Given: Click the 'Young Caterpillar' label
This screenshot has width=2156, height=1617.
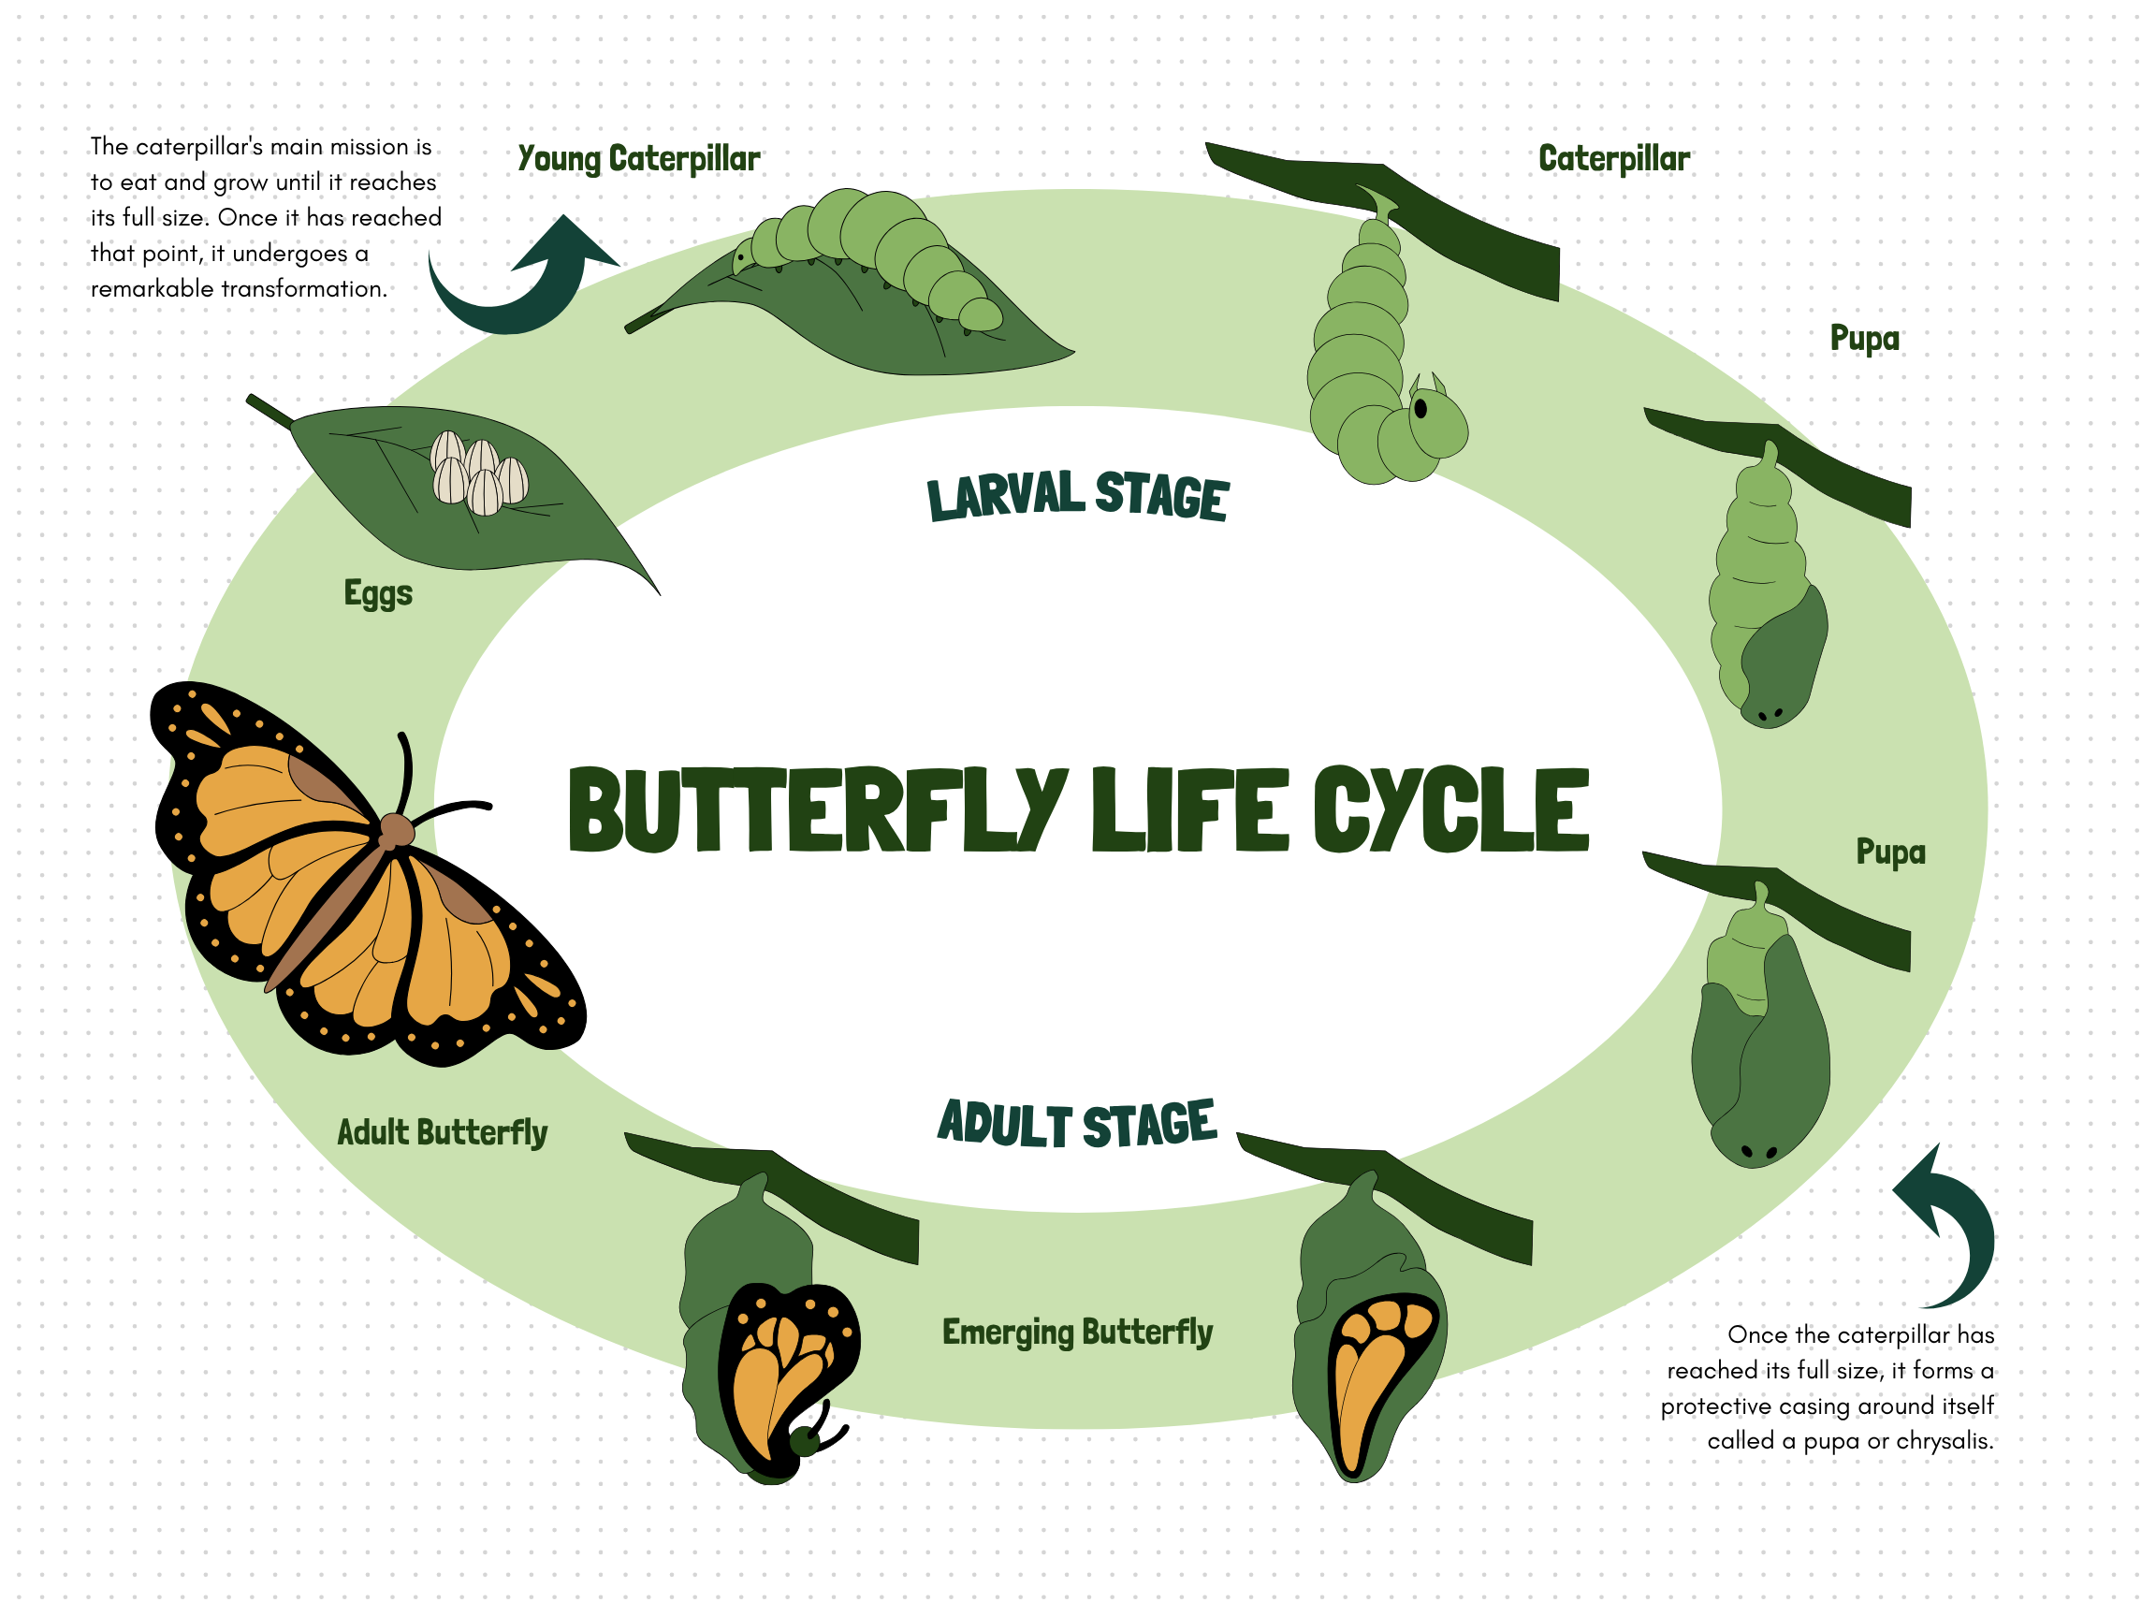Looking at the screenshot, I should click(x=638, y=159).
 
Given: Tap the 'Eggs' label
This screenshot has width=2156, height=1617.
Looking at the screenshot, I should click(x=378, y=592).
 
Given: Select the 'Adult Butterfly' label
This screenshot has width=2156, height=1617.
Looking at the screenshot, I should click(x=442, y=1131).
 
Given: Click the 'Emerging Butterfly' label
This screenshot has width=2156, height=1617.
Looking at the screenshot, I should click(x=1077, y=1332).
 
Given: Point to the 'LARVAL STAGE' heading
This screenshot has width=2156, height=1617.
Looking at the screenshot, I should click(x=1077, y=495).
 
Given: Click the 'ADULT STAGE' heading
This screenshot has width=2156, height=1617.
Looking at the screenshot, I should click(x=1077, y=1123).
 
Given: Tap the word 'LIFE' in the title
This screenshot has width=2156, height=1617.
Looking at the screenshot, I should click(x=1189, y=809).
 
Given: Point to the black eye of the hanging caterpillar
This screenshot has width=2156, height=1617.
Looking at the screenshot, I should click(x=1420, y=408).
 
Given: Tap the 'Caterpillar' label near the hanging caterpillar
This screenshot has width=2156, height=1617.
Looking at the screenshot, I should click(x=1614, y=159).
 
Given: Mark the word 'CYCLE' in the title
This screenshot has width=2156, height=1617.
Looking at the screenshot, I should click(x=1450, y=809).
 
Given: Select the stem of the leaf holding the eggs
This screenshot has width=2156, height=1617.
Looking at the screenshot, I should click(x=269, y=412).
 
